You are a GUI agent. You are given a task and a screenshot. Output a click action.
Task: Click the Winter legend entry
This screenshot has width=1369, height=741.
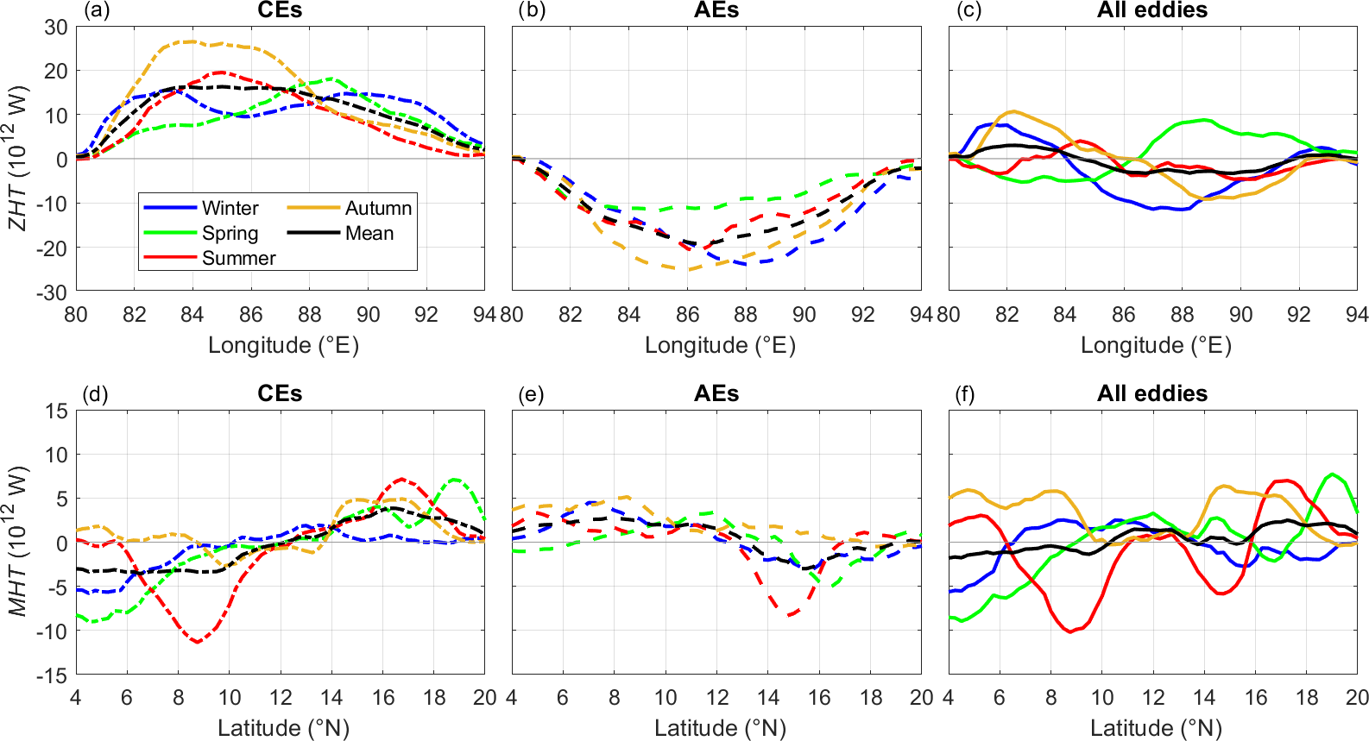point(230,208)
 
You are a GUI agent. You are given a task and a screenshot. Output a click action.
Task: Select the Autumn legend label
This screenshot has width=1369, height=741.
point(378,208)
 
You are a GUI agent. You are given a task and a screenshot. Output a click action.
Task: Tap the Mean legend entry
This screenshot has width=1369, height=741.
point(369,233)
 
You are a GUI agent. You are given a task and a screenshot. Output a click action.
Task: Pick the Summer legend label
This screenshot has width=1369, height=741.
point(238,258)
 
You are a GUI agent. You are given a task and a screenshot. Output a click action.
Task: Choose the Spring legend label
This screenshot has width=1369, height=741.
point(230,233)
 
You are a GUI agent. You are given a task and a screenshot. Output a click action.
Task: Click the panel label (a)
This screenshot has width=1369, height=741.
point(95,10)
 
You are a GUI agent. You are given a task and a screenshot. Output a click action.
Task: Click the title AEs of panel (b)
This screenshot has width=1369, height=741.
point(716,10)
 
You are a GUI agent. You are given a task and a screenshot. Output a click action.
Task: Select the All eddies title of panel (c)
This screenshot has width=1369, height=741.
point(1152,10)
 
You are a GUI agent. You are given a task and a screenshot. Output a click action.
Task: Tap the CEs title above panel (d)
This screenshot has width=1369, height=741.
point(280,393)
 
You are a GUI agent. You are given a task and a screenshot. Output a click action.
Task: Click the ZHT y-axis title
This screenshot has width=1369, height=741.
point(17,158)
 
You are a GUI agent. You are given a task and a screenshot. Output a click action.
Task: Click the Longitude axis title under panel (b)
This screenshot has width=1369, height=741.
point(720,345)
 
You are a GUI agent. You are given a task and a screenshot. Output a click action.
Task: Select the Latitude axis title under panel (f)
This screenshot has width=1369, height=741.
point(1156,728)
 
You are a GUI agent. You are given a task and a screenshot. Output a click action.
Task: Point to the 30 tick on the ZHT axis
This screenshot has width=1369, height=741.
point(56,27)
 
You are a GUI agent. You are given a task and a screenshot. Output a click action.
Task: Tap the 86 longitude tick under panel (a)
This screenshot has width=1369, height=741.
point(250,314)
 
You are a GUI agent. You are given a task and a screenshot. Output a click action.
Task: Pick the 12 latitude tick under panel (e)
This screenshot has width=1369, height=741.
point(717,697)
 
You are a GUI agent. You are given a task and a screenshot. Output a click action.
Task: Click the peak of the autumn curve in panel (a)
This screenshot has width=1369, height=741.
point(192,41)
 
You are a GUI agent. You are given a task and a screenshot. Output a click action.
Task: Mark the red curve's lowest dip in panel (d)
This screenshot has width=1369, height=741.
point(198,642)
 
